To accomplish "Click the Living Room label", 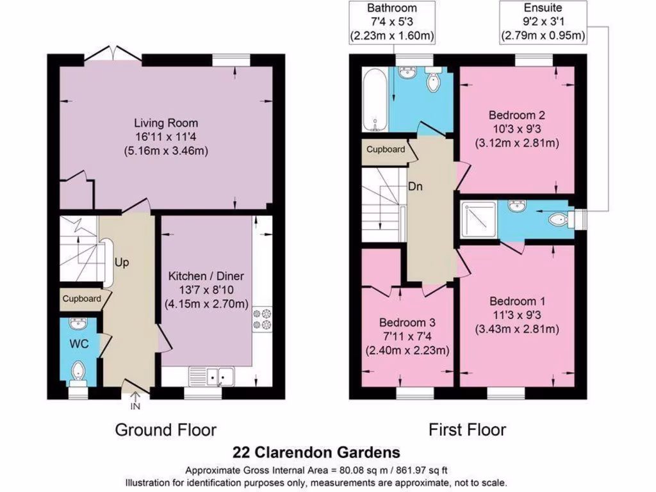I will tap(166, 122).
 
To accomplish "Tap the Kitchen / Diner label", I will tap(206, 276).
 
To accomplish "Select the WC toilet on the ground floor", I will tap(79, 371).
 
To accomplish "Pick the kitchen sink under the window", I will tap(212, 376).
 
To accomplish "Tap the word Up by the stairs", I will tap(121, 263).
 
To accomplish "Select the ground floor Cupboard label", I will tap(81, 299).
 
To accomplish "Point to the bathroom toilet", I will tap(434, 81).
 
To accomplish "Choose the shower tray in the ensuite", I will tap(477, 220).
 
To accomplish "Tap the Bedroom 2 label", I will tap(516, 115).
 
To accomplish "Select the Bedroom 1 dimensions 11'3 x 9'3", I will tap(517, 315).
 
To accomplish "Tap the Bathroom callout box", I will tap(391, 22).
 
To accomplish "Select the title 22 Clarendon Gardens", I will tap(318, 452).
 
